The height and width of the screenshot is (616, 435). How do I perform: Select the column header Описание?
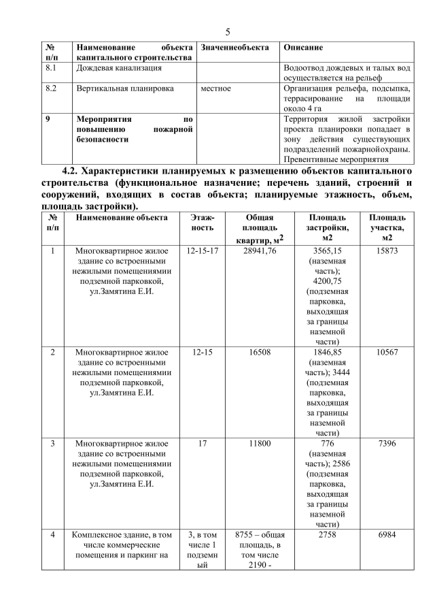pyautogui.click(x=302, y=48)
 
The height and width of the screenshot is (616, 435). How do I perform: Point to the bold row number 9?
pyautogui.click(x=47, y=118)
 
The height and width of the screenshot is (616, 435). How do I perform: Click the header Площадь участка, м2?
pyautogui.click(x=387, y=227)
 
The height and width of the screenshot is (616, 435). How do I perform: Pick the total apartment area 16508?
pyautogui.click(x=259, y=353)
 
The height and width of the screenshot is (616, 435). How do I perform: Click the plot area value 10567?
pyautogui.click(x=387, y=353)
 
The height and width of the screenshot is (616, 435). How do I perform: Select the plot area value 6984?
pyautogui.click(x=387, y=536)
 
